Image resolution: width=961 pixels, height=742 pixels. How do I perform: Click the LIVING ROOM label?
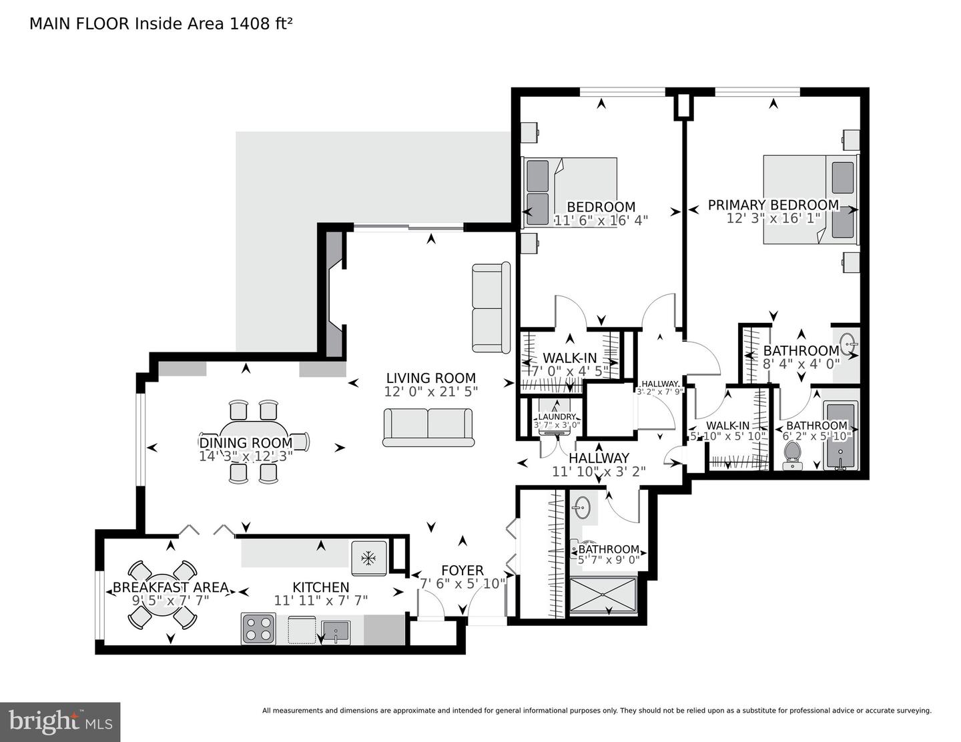click(430, 378)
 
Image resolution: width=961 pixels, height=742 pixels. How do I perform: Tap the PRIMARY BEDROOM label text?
click(773, 205)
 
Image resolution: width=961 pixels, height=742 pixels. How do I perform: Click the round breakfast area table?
click(162, 594)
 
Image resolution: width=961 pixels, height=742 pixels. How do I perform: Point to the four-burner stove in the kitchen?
click(258, 629)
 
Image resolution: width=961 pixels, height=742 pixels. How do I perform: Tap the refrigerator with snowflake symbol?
click(368, 558)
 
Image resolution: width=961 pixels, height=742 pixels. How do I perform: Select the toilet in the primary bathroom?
click(792, 454)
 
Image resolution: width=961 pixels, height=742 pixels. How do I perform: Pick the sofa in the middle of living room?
click(428, 427)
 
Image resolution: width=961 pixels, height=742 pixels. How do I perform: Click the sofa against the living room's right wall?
click(491, 308)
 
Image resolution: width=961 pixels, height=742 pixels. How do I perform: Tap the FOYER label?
click(462, 571)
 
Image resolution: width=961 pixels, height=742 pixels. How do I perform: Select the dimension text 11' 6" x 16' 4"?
click(601, 220)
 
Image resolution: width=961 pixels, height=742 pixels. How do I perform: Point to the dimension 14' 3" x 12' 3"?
click(246, 456)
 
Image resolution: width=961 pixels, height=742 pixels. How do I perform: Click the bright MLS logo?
click(60, 721)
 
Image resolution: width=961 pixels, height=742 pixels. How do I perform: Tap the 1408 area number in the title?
click(245, 24)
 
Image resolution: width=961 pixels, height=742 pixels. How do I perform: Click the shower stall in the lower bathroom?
click(603, 595)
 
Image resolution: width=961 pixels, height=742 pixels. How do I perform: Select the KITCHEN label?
click(320, 587)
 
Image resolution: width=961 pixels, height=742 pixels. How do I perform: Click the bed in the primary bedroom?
click(810, 200)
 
